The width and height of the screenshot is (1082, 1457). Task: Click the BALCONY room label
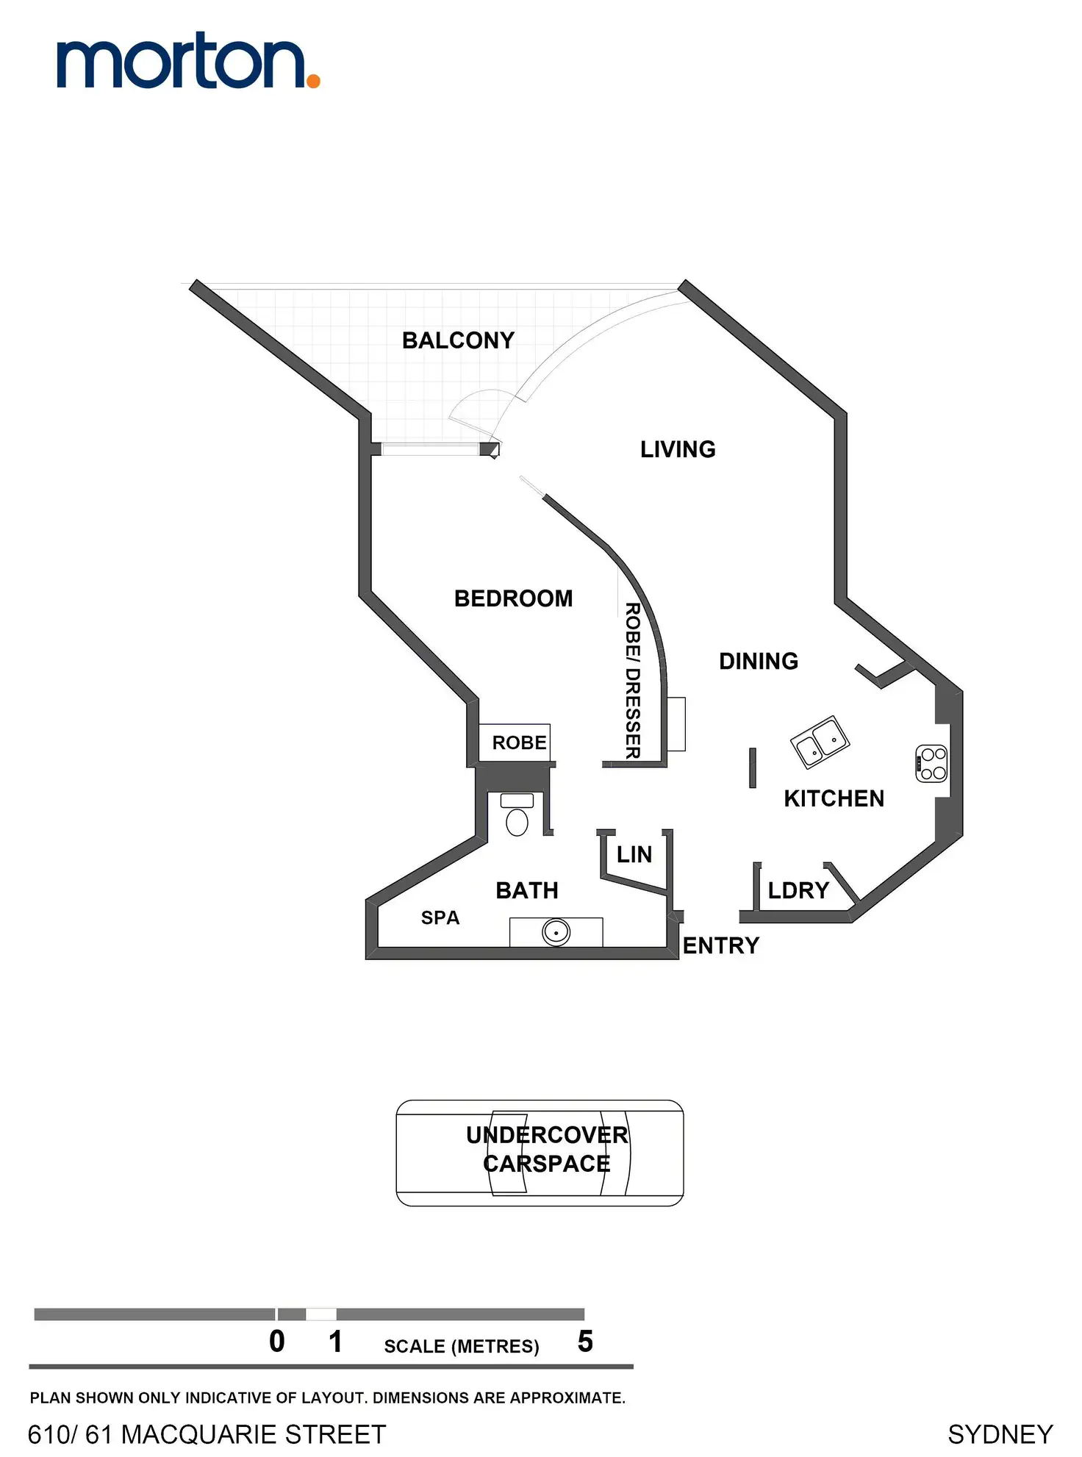pyautogui.click(x=458, y=340)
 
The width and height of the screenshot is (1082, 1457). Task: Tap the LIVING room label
pyautogui.click(x=678, y=449)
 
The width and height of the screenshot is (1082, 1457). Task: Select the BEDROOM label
pyautogui.click(x=513, y=598)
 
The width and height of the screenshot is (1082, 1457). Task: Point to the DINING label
pyautogui.click(x=759, y=661)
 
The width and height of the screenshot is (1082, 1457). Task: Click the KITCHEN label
pyautogui.click(x=834, y=798)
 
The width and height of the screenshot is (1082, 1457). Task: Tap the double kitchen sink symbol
pyautogui.click(x=820, y=742)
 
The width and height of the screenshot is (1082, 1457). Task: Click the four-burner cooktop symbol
pyautogui.click(x=932, y=763)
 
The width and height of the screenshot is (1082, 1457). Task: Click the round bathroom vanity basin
pyautogui.click(x=556, y=932)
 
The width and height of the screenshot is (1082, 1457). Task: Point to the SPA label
pyautogui.click(x=440, y=917)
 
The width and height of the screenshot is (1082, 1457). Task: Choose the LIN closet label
pyautogui.click(x=634, y=854)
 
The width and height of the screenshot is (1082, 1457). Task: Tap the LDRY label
pyautogui.click(x=798, y=890)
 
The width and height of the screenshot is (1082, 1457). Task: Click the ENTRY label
pyautogui.click(x=720, y=945)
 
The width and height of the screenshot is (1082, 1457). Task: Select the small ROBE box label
pyautogui.click(x=519, y=742)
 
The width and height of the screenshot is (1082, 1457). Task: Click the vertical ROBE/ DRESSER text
pyautogui.click(x=632, y=680)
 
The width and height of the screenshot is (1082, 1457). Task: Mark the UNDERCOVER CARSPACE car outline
pyautogui.click(x=540, y=1153)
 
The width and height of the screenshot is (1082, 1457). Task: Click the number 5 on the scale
pyautogui.click(x=585, y=1342)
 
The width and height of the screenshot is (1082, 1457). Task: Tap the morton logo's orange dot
pyautogui.click(x=313, y=81)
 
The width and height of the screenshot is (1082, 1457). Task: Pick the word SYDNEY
pyautogui.click(x=1000, y=1434)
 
